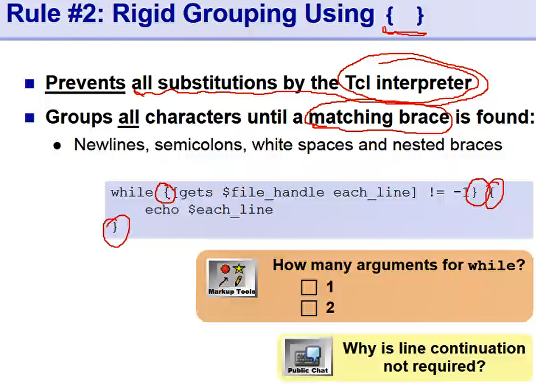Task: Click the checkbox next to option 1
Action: [x=309, y=287]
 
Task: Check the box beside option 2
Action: [x=309, y=308]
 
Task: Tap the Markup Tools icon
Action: [x=232, y=278]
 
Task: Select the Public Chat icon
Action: [x=308, y=356]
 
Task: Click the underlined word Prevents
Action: [x=85, y=83]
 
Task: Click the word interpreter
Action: [x=424, y=83]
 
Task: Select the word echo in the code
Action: [x=162, y=210]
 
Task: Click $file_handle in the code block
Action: [x=273, y=193]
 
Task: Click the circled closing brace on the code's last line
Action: [x=114, y=227]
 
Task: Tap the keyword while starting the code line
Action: [x=132, y=192]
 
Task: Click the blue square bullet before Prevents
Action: [x=29, y=84]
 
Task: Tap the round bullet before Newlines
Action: [x=57, y=146]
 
